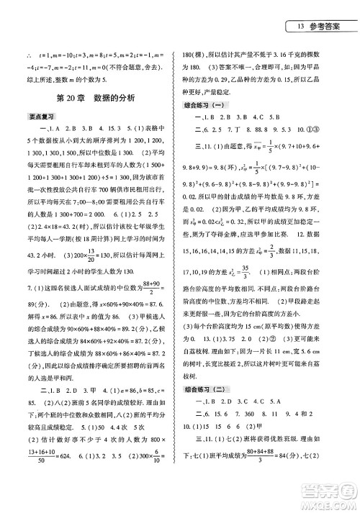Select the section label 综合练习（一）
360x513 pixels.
coord(208,105)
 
